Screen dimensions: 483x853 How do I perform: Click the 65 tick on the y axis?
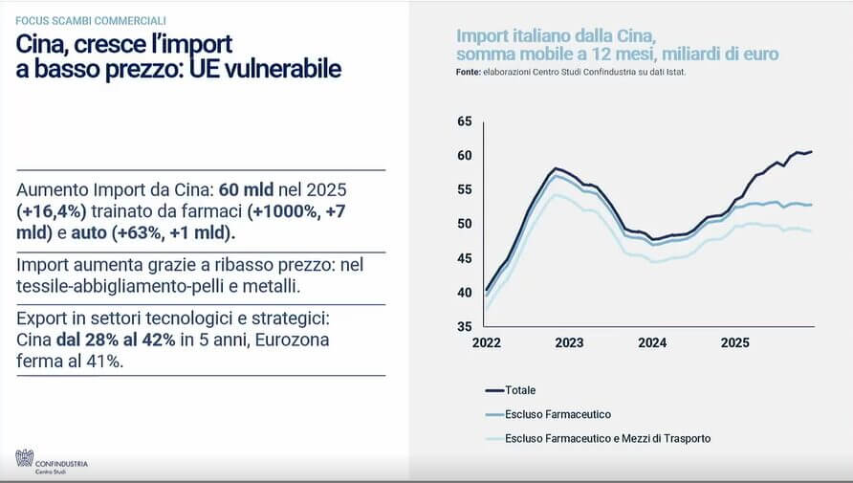[465, 121]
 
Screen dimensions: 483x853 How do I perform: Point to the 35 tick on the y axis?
[465, 326]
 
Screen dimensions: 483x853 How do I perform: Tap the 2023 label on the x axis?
[569, 342]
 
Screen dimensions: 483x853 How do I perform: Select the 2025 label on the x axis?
[735, 342]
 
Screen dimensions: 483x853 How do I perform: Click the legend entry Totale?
[520, 389]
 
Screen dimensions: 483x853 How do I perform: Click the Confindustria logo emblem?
[24, 458]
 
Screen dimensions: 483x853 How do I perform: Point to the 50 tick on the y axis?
[465, 224]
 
